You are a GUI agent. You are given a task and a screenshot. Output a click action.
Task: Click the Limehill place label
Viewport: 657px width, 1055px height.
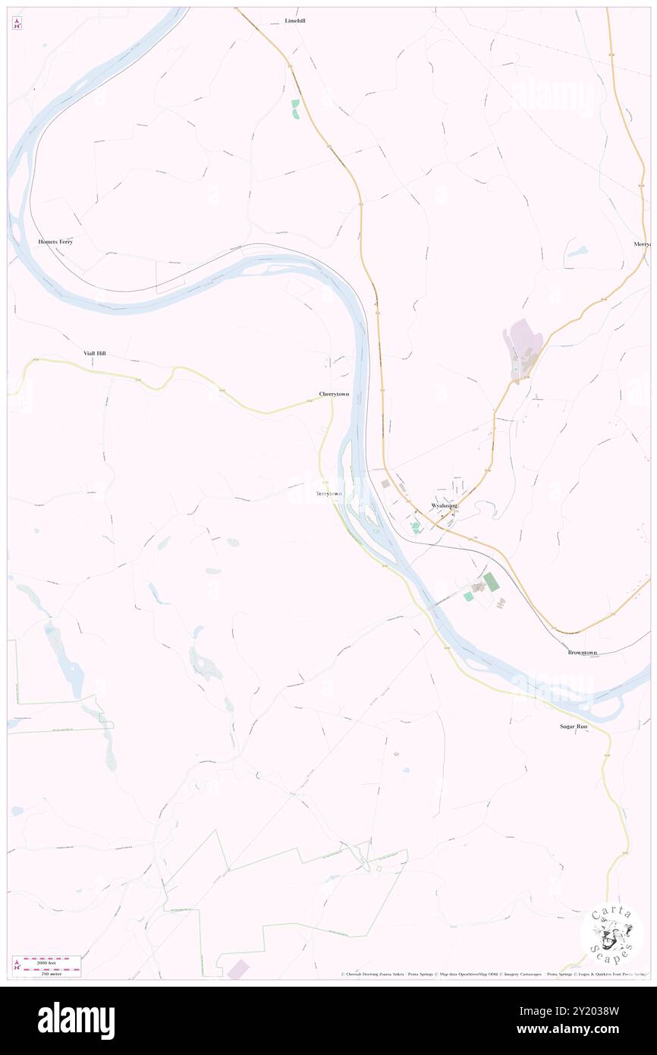coord(294,20)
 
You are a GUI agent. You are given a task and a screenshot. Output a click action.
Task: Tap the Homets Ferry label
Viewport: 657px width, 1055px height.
coord(55,241)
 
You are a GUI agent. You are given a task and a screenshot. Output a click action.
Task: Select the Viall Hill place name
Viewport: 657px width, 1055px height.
coord(95,354)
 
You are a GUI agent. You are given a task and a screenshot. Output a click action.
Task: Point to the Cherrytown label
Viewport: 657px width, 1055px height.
coord(334,395)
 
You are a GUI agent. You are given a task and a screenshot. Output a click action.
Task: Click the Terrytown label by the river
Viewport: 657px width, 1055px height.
coord(328,494)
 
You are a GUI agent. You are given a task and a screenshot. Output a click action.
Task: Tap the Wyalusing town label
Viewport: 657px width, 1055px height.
coord(444,505)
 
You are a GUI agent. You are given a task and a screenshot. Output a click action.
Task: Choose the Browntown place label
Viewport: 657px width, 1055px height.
coord(582,653)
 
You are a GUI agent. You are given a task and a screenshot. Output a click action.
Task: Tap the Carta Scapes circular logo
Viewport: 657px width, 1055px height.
coord(611,934)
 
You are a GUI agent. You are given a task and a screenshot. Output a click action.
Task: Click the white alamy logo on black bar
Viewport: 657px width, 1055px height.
coord(76,1020)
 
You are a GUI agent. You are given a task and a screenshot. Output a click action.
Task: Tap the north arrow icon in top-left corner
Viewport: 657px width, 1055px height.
coord(17,24)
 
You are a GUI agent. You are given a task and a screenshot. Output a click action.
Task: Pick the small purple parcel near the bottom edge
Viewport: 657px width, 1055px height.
coord(238,968)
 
